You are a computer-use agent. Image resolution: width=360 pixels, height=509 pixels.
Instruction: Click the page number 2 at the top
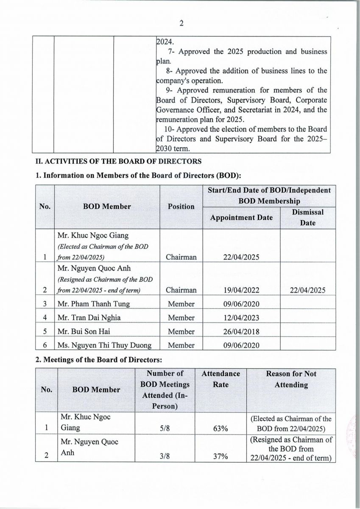(181, 24)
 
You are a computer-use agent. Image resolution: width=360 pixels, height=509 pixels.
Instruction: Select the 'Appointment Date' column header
(241, 218)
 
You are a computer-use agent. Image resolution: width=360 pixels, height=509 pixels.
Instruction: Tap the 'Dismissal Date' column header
(308, 217)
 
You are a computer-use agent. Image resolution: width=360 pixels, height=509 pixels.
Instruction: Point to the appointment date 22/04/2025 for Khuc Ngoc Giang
(241, 257)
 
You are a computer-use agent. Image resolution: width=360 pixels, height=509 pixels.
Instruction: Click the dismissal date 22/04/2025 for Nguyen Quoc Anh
(308, 290)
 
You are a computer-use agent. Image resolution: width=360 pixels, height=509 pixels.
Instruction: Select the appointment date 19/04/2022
(241, 290)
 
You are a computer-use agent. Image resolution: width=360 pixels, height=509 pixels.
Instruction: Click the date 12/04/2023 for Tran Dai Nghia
(241, 318)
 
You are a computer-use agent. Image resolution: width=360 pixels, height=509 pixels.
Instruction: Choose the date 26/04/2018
(241, 331)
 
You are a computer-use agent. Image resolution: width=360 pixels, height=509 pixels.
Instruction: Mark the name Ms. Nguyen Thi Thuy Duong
(104, 345)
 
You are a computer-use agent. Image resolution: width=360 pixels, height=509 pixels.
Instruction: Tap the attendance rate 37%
(220, 456)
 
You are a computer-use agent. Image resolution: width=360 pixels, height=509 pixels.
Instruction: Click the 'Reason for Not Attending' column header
(291, 379)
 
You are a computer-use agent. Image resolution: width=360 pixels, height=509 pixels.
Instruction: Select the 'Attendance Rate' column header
(220, 379)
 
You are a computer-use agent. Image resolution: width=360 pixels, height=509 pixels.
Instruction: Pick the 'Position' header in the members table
(181, 207)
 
